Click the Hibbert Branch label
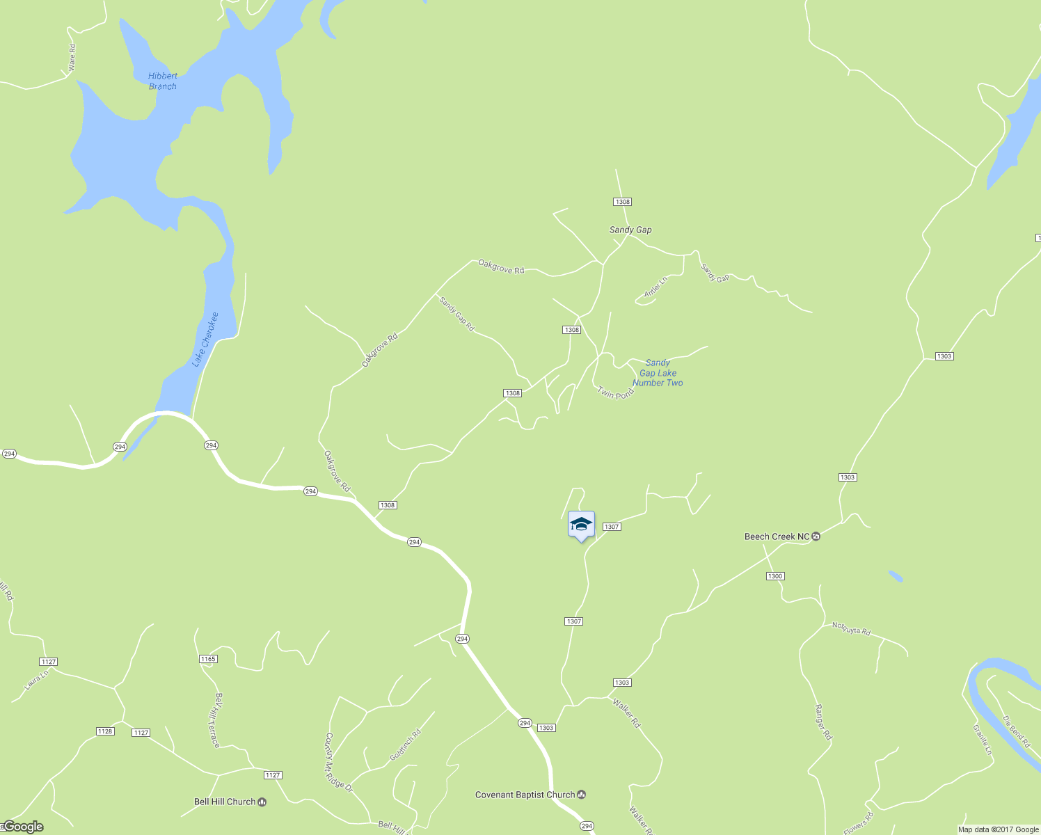(163, 81)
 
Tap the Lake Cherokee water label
(205, 340)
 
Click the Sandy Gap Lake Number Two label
(658, 373)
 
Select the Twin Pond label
(616, 393)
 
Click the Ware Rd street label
(72, 58)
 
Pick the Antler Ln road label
(655, 287)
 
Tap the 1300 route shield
(775, 576)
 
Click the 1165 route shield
(208, 659)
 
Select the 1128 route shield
(105, 731)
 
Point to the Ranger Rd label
(823, 722)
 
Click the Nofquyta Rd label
(851, 629)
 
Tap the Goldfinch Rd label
(406, 745)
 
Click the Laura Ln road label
(36, 680)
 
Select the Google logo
(22, 827)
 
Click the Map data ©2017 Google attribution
(998, 829)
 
